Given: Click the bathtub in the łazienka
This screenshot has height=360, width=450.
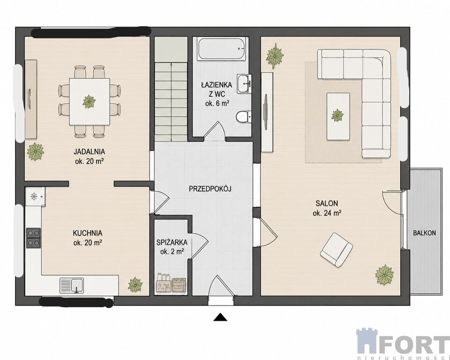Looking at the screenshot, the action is point(222,49).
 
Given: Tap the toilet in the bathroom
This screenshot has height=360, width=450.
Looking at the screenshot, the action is point(243,117).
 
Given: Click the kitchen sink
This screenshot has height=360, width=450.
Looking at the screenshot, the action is point(72,285).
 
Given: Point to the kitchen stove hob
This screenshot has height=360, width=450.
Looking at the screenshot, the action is point(34,238).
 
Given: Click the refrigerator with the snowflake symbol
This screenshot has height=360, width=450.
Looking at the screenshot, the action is point(35,197).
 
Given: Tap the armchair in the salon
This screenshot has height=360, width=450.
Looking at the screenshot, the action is point(337,249).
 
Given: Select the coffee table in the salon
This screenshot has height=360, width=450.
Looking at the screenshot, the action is point(338,116).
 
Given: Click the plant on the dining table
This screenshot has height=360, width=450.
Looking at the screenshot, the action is point(89,101).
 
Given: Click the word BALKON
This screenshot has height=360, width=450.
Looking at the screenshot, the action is point(425,233).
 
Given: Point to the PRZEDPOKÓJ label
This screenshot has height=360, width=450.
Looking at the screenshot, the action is point(210,188).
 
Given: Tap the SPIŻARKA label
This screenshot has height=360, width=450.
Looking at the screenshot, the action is point(172,242).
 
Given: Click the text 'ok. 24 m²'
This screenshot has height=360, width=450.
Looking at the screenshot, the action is point(327,213).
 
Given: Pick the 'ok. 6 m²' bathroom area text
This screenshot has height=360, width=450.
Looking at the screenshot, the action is point(217,103).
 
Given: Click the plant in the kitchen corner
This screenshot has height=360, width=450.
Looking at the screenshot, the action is point(135,285).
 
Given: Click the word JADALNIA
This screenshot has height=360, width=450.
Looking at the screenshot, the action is point(89,151).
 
